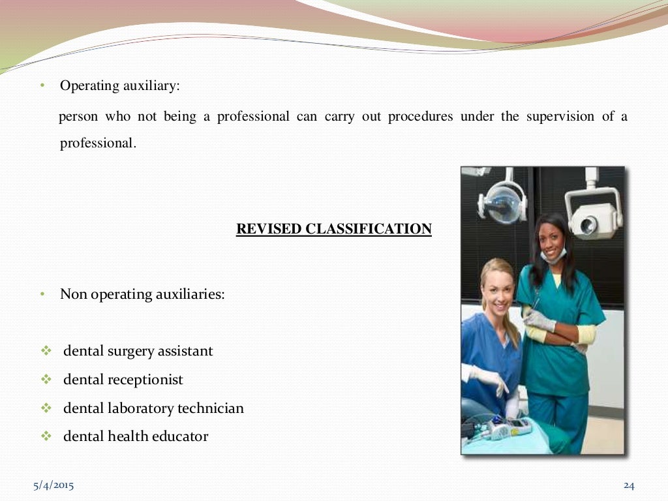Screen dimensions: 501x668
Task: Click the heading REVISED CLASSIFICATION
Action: pos(333,229)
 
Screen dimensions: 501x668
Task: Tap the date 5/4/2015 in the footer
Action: pos(53,485)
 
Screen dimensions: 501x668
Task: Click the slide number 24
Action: pos(629,485)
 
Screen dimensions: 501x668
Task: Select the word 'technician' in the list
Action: pos(209,408)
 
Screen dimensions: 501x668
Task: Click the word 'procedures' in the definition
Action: pos(420,117)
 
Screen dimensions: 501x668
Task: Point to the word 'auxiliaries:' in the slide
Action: pos(190,294)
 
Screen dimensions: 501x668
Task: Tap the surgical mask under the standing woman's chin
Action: pos(552,256)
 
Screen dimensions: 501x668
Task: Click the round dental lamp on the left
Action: pos(501,200)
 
